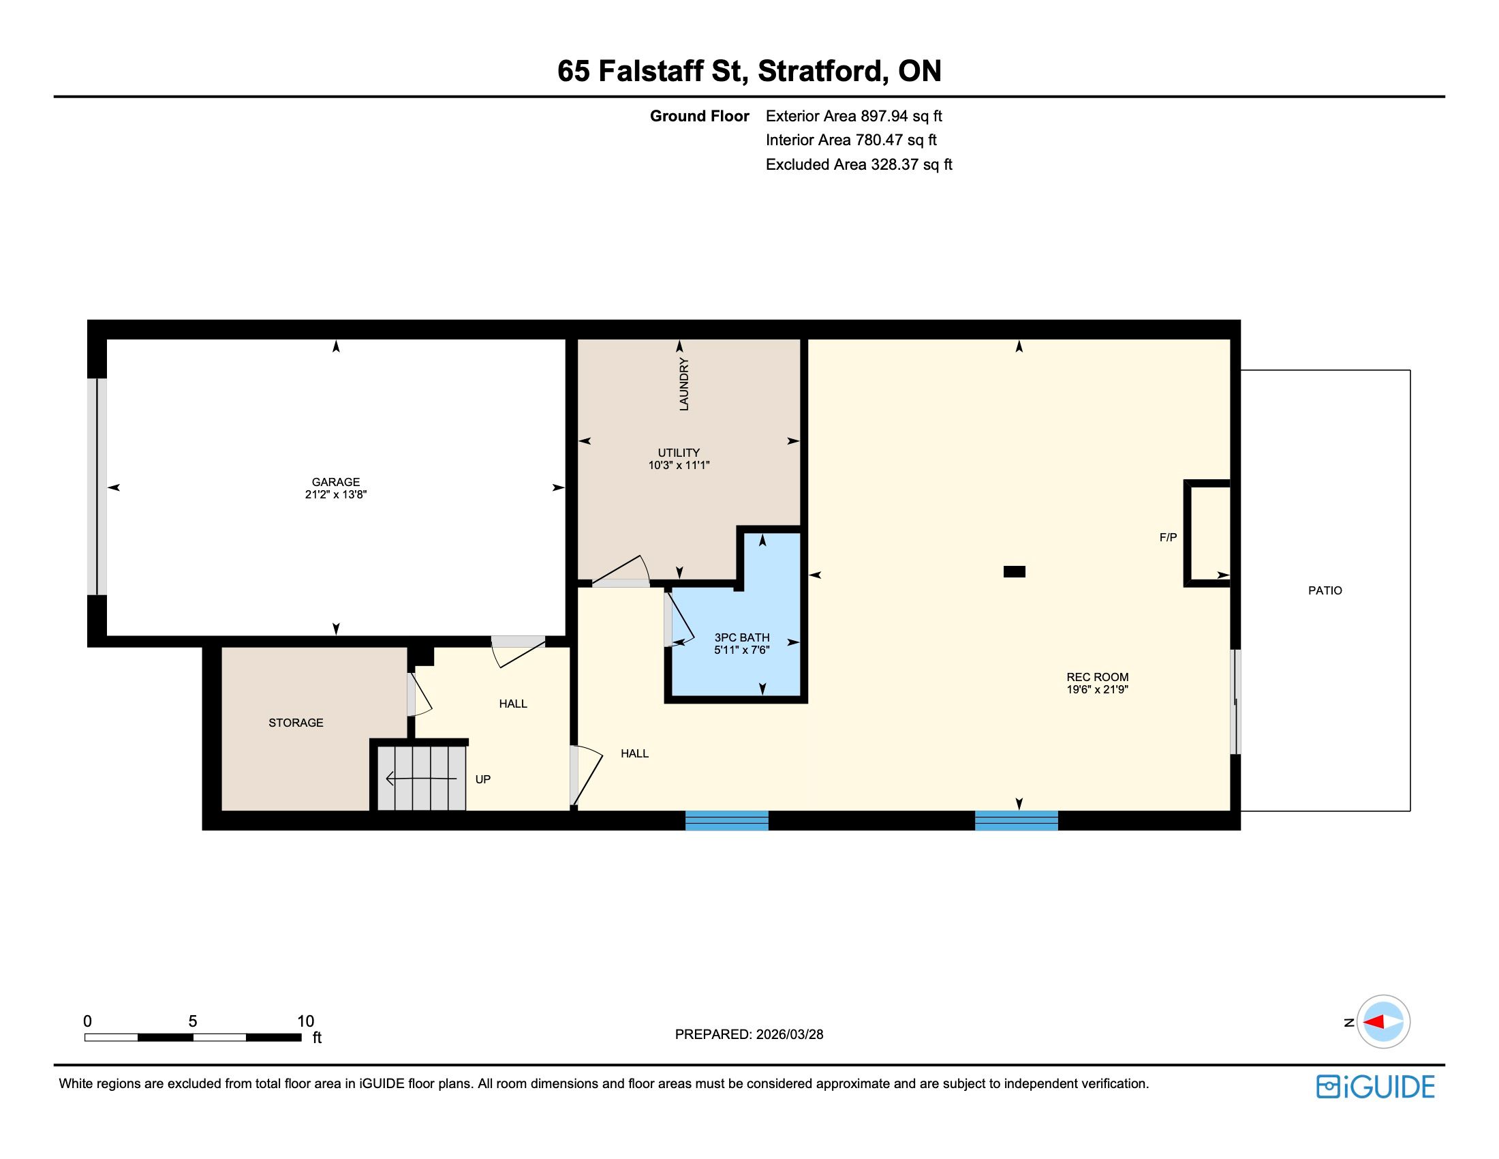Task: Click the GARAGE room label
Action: [336, 482]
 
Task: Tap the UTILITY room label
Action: [679, 453]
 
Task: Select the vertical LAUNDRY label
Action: [683, 385]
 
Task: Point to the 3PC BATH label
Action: [742, 637]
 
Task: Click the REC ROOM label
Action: [1098, 677]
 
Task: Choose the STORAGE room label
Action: [296, 722]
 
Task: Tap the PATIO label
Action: [1325, 590]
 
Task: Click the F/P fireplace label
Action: [1168, 538]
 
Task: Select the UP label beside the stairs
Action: [483, 779]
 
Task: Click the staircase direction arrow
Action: [421, 779]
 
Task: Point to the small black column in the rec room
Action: [1015, 571]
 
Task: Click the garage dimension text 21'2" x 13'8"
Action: [337, 494]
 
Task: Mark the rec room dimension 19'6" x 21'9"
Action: [1098, 689]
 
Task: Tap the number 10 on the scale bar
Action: [305, 1021]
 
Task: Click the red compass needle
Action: [1374, 1022]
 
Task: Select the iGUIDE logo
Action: [1376, 1087]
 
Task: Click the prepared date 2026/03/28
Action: [789, 1034]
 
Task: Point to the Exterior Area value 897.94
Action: [884, 116]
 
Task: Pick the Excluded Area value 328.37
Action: [895, 164]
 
